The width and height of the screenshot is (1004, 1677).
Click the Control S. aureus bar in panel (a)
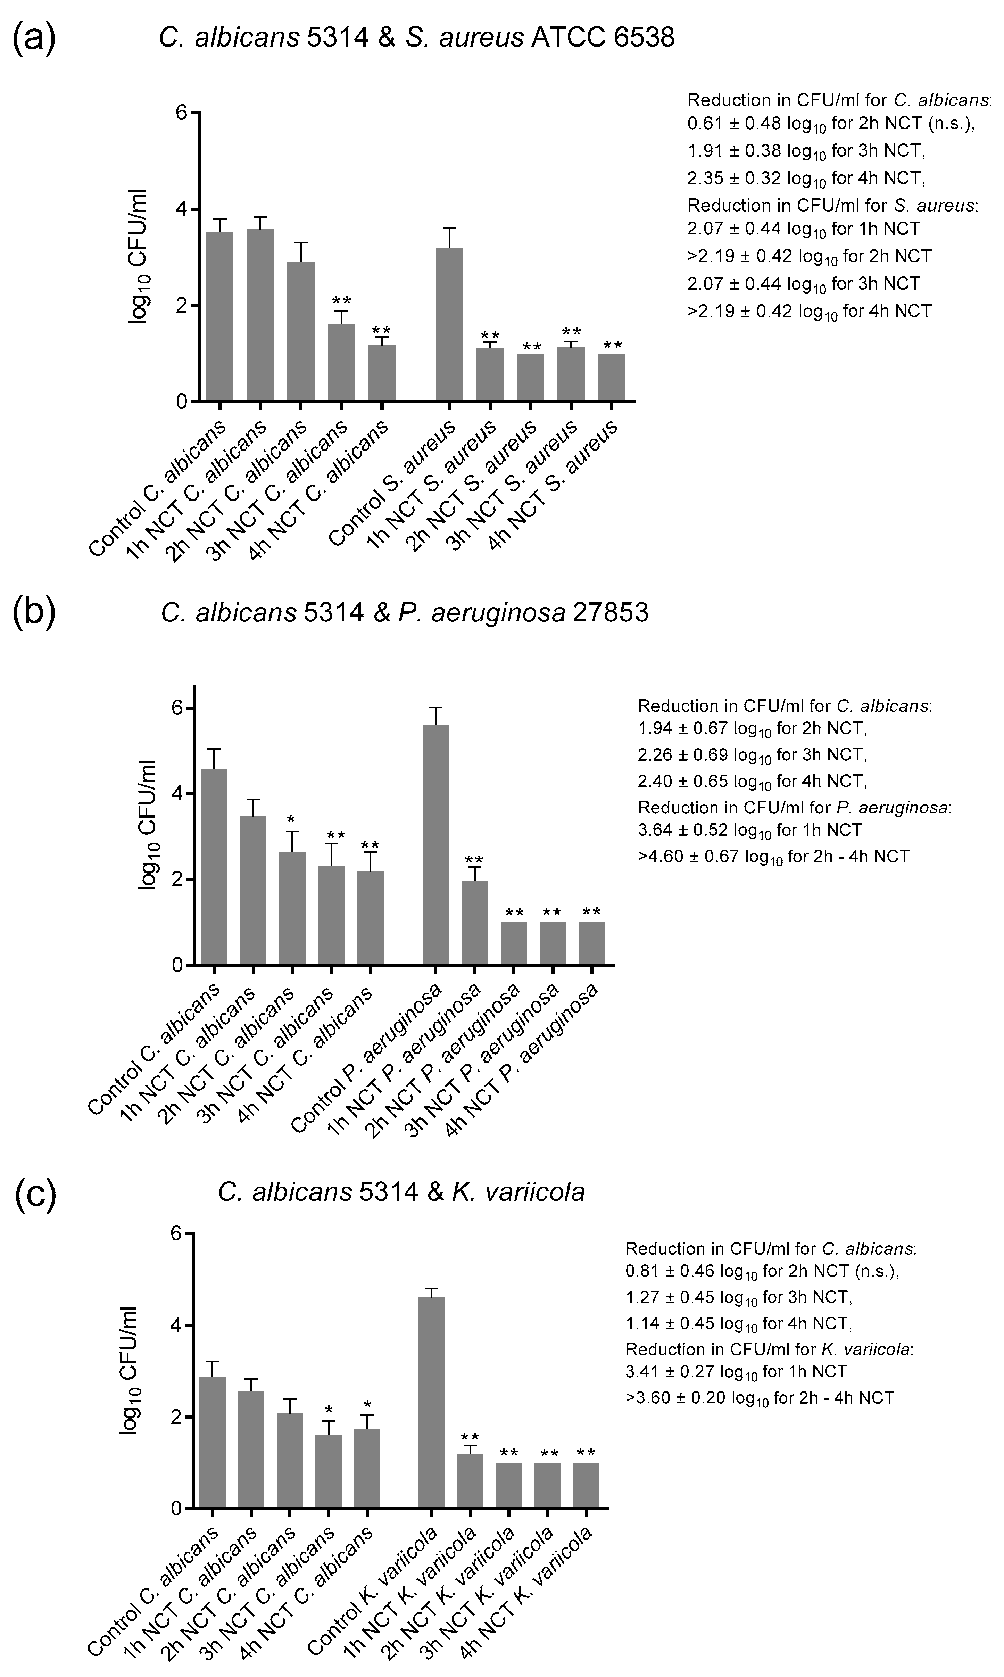click(449, 325)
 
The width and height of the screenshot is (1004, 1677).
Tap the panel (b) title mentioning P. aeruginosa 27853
click(405, 613)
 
